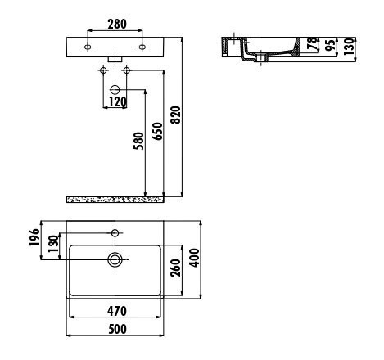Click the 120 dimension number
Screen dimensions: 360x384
click(x=115, y=102)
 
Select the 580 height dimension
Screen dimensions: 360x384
click(x=139, y=142)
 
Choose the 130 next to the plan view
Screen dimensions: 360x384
click(x=52, y=245)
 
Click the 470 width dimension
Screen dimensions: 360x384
click(x=118, y=312)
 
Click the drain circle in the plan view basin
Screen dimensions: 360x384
click(x=115, y=260)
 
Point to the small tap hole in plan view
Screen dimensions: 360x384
click(x=115, y=234)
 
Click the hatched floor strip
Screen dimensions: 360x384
click(x=115, y=199)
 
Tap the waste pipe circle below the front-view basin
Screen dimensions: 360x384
click(x=115, y=88)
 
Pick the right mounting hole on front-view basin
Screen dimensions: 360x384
click(x=142, y=46)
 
